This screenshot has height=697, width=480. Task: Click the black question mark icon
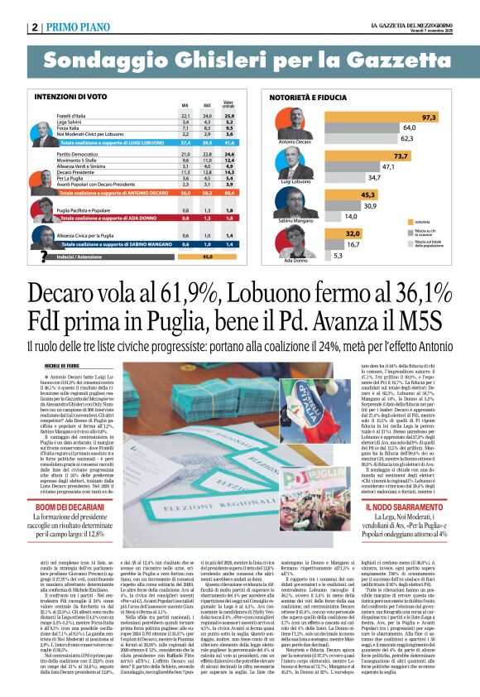42,256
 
